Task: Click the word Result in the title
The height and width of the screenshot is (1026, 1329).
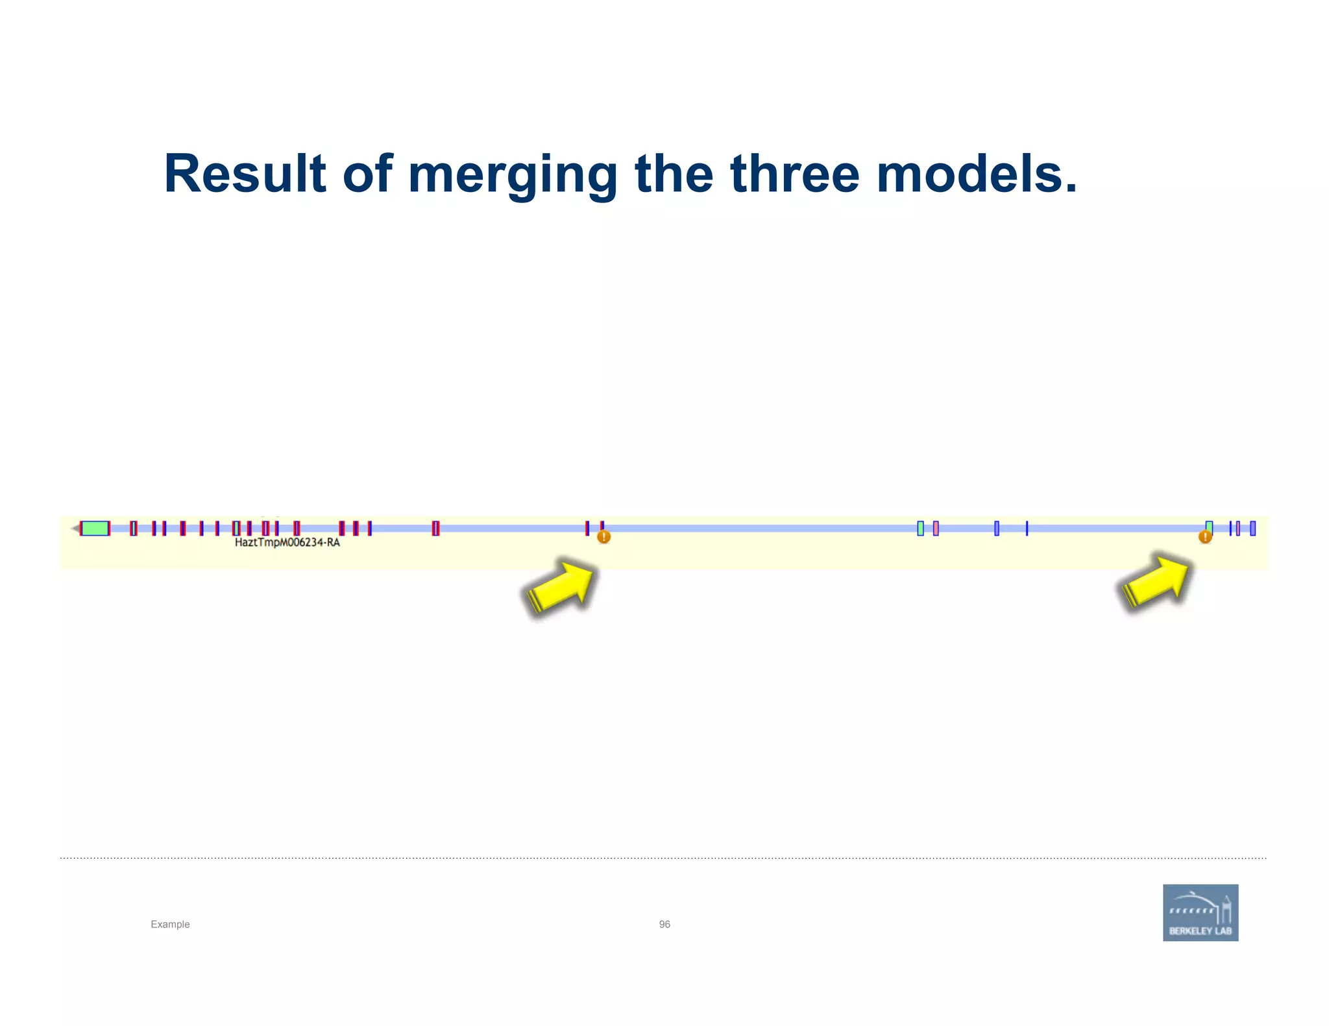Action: (245, 174)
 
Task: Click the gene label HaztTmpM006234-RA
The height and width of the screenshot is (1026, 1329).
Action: (287, 542)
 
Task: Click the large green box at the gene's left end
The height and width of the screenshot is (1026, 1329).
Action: (95, 528)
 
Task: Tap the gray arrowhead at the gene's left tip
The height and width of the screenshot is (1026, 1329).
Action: (75, 529)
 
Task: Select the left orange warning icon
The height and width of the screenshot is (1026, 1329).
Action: (604, 537)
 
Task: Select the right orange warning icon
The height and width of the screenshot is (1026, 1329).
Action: (1205, 537)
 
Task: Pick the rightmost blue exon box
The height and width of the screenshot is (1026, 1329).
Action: (1252, 529)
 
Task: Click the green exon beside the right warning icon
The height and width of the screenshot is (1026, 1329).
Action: (1209, 526)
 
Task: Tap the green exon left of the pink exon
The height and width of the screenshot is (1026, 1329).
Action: (920, 529)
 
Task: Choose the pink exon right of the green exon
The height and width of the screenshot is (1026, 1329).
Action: (936, 529)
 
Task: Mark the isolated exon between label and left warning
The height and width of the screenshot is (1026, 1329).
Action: (435, 529)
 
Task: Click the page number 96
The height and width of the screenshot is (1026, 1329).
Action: (664, 924)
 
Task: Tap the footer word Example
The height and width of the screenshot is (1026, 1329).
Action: (170, 924)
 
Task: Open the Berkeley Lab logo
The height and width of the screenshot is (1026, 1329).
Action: (1200, 913)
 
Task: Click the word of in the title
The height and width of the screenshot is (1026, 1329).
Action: (367, 174)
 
